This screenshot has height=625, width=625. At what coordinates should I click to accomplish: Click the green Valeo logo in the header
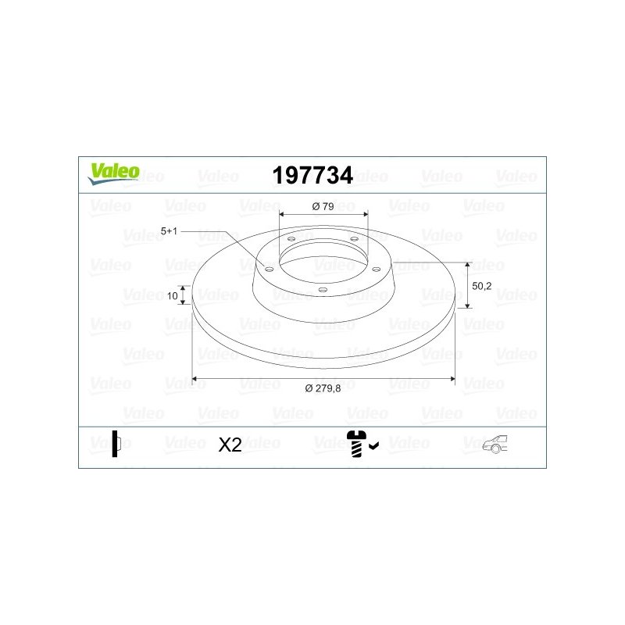point(113,173)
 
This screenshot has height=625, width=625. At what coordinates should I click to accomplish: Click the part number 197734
point(312,175)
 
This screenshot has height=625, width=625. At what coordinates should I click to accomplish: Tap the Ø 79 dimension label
point(323,206)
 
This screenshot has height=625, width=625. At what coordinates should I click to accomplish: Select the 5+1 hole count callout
point(169,230)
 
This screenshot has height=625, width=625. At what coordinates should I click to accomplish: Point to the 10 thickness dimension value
point(172,296)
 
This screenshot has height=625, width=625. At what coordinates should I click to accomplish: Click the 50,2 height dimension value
point(481,286)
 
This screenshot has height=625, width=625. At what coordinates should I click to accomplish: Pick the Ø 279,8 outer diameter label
point(323,388)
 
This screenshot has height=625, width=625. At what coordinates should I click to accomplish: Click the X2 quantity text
point(230,445)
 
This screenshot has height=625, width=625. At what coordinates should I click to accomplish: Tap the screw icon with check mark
point(362,444)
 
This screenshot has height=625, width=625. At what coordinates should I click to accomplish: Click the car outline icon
point(495,444)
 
